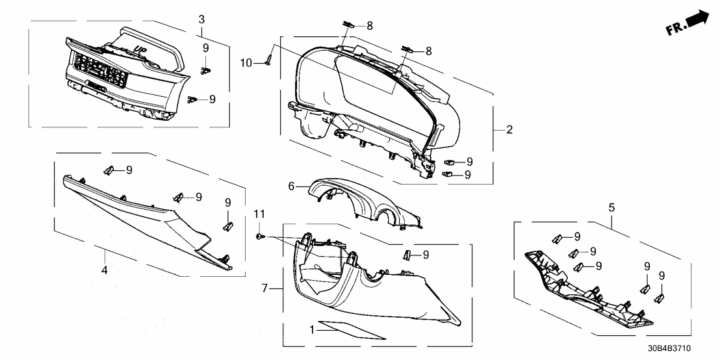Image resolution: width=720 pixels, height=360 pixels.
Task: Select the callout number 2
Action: click(509, 130)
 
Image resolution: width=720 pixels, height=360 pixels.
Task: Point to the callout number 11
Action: click(259, 214)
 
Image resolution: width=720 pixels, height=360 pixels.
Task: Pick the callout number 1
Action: click(313, 330)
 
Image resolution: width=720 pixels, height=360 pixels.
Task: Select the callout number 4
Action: click(104, 268)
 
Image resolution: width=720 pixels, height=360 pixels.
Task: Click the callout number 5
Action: click(611, 208)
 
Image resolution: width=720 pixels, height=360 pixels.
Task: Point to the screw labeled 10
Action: click(268, 60)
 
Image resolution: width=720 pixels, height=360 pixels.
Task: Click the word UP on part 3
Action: click(138, 48)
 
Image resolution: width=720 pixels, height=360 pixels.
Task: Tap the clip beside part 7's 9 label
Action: click(407, 254)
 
